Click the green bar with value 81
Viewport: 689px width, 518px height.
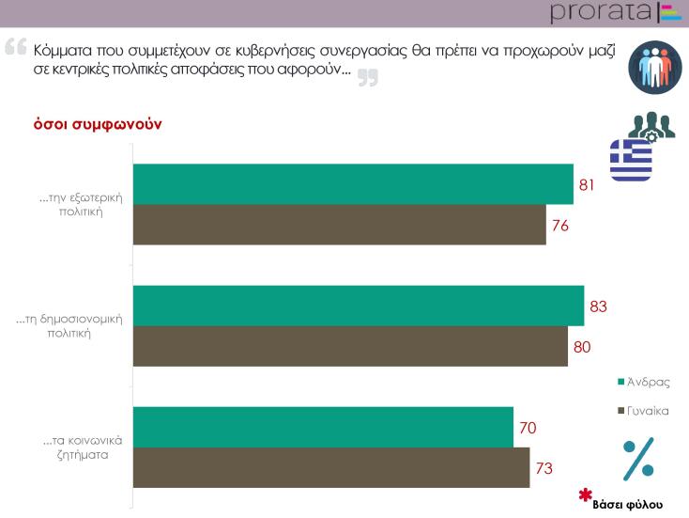point(352,184)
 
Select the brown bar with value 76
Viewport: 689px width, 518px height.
point(339,225)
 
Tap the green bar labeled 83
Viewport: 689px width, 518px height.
point(358,306)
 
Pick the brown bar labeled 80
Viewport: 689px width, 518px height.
point(350,346)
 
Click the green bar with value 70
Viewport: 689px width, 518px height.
point(323,427)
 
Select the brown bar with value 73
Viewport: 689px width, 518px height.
point(330,467)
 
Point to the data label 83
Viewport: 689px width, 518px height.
point(599,306)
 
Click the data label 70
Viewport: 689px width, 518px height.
point(528,428)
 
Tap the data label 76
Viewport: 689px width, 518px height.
point(560,226)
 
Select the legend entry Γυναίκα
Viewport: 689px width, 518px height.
point(647,410)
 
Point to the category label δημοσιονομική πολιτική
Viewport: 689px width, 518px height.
point(70,326)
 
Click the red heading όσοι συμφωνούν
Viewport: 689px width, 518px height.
point(86,125)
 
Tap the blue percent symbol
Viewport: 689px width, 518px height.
point(639,458)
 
